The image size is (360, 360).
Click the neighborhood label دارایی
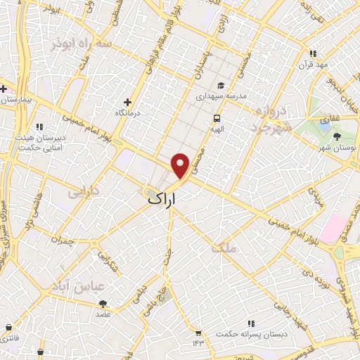click(84, 191)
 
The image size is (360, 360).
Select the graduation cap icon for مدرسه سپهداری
click(221, 85)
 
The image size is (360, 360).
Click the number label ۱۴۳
click(198, 342)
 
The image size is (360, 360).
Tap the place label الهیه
click(217, 129)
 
